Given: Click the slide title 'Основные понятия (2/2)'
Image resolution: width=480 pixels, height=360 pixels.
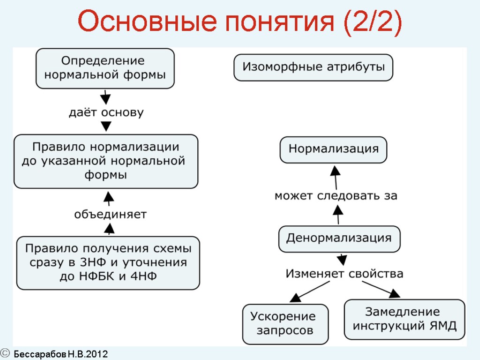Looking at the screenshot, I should [x=240, y=23].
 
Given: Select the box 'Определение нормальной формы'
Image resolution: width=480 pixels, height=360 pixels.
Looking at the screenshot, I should [x=105, y=68].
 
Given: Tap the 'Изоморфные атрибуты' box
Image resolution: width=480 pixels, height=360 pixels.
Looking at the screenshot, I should [x=313, y=67].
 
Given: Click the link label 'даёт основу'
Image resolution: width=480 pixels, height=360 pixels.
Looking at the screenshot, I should [x=106, y=113].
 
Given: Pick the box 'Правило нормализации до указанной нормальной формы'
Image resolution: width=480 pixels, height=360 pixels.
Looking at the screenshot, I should [x=106, y=161].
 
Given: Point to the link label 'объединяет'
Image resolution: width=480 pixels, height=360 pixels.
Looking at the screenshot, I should [x=110, y=215].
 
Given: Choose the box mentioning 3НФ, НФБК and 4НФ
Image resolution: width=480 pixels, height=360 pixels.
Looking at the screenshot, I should [x=108, y=263].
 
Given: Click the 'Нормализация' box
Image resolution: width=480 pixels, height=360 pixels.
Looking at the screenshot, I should [x=333, y=150].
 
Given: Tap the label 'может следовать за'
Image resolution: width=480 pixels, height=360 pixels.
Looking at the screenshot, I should [x=336, y=196].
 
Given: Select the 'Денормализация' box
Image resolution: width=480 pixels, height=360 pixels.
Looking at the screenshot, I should [x=339, y=238].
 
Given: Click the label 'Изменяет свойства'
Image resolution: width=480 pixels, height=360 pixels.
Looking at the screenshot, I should [x=345, y=273].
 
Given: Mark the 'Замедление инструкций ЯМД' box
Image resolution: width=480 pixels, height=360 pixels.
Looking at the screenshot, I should [x=405, y=319].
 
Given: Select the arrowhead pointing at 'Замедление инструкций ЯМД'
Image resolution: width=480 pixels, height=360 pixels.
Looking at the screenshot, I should [x=395, y=293].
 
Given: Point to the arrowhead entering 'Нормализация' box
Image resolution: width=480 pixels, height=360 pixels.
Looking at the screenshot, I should [x=334, y=170].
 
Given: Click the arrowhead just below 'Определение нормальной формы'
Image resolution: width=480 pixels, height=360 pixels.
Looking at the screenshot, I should [x=106, y=98].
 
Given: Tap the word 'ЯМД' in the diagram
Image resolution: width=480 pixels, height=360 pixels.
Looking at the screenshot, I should [x=443, y=326].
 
